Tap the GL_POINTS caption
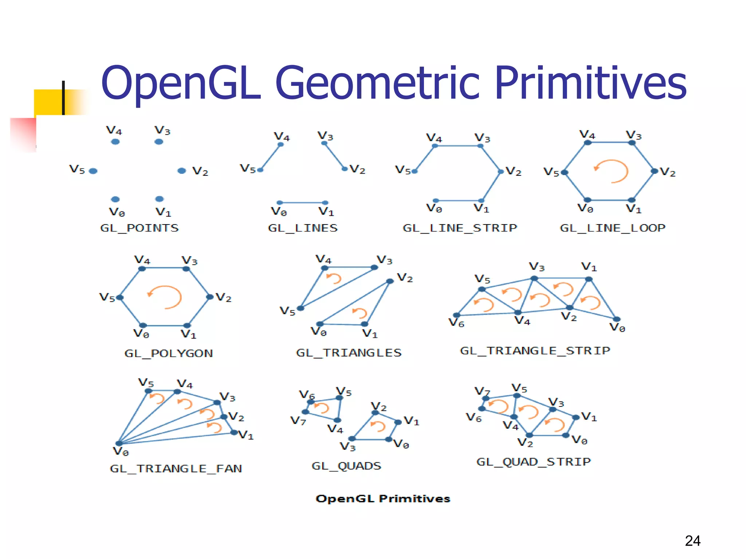point(140,228)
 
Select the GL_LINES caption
point(303,228)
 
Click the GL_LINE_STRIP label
point(460,228)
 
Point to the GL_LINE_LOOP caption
point(612,228)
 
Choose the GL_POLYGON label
point(168,353)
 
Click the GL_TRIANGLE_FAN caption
point(176,468)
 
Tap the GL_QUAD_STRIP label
point(533,462)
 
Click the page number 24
point(692,541)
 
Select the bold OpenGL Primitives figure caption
point(383,499)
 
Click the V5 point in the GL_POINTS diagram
point(93,171)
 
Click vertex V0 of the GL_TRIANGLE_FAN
point(119,443)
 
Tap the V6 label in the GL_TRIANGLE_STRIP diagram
point(456,323)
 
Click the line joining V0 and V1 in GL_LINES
point(302,202)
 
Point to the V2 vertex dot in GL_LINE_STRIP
point(500,172)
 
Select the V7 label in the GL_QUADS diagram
point(298,421)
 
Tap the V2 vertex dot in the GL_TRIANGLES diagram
point(390,281)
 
